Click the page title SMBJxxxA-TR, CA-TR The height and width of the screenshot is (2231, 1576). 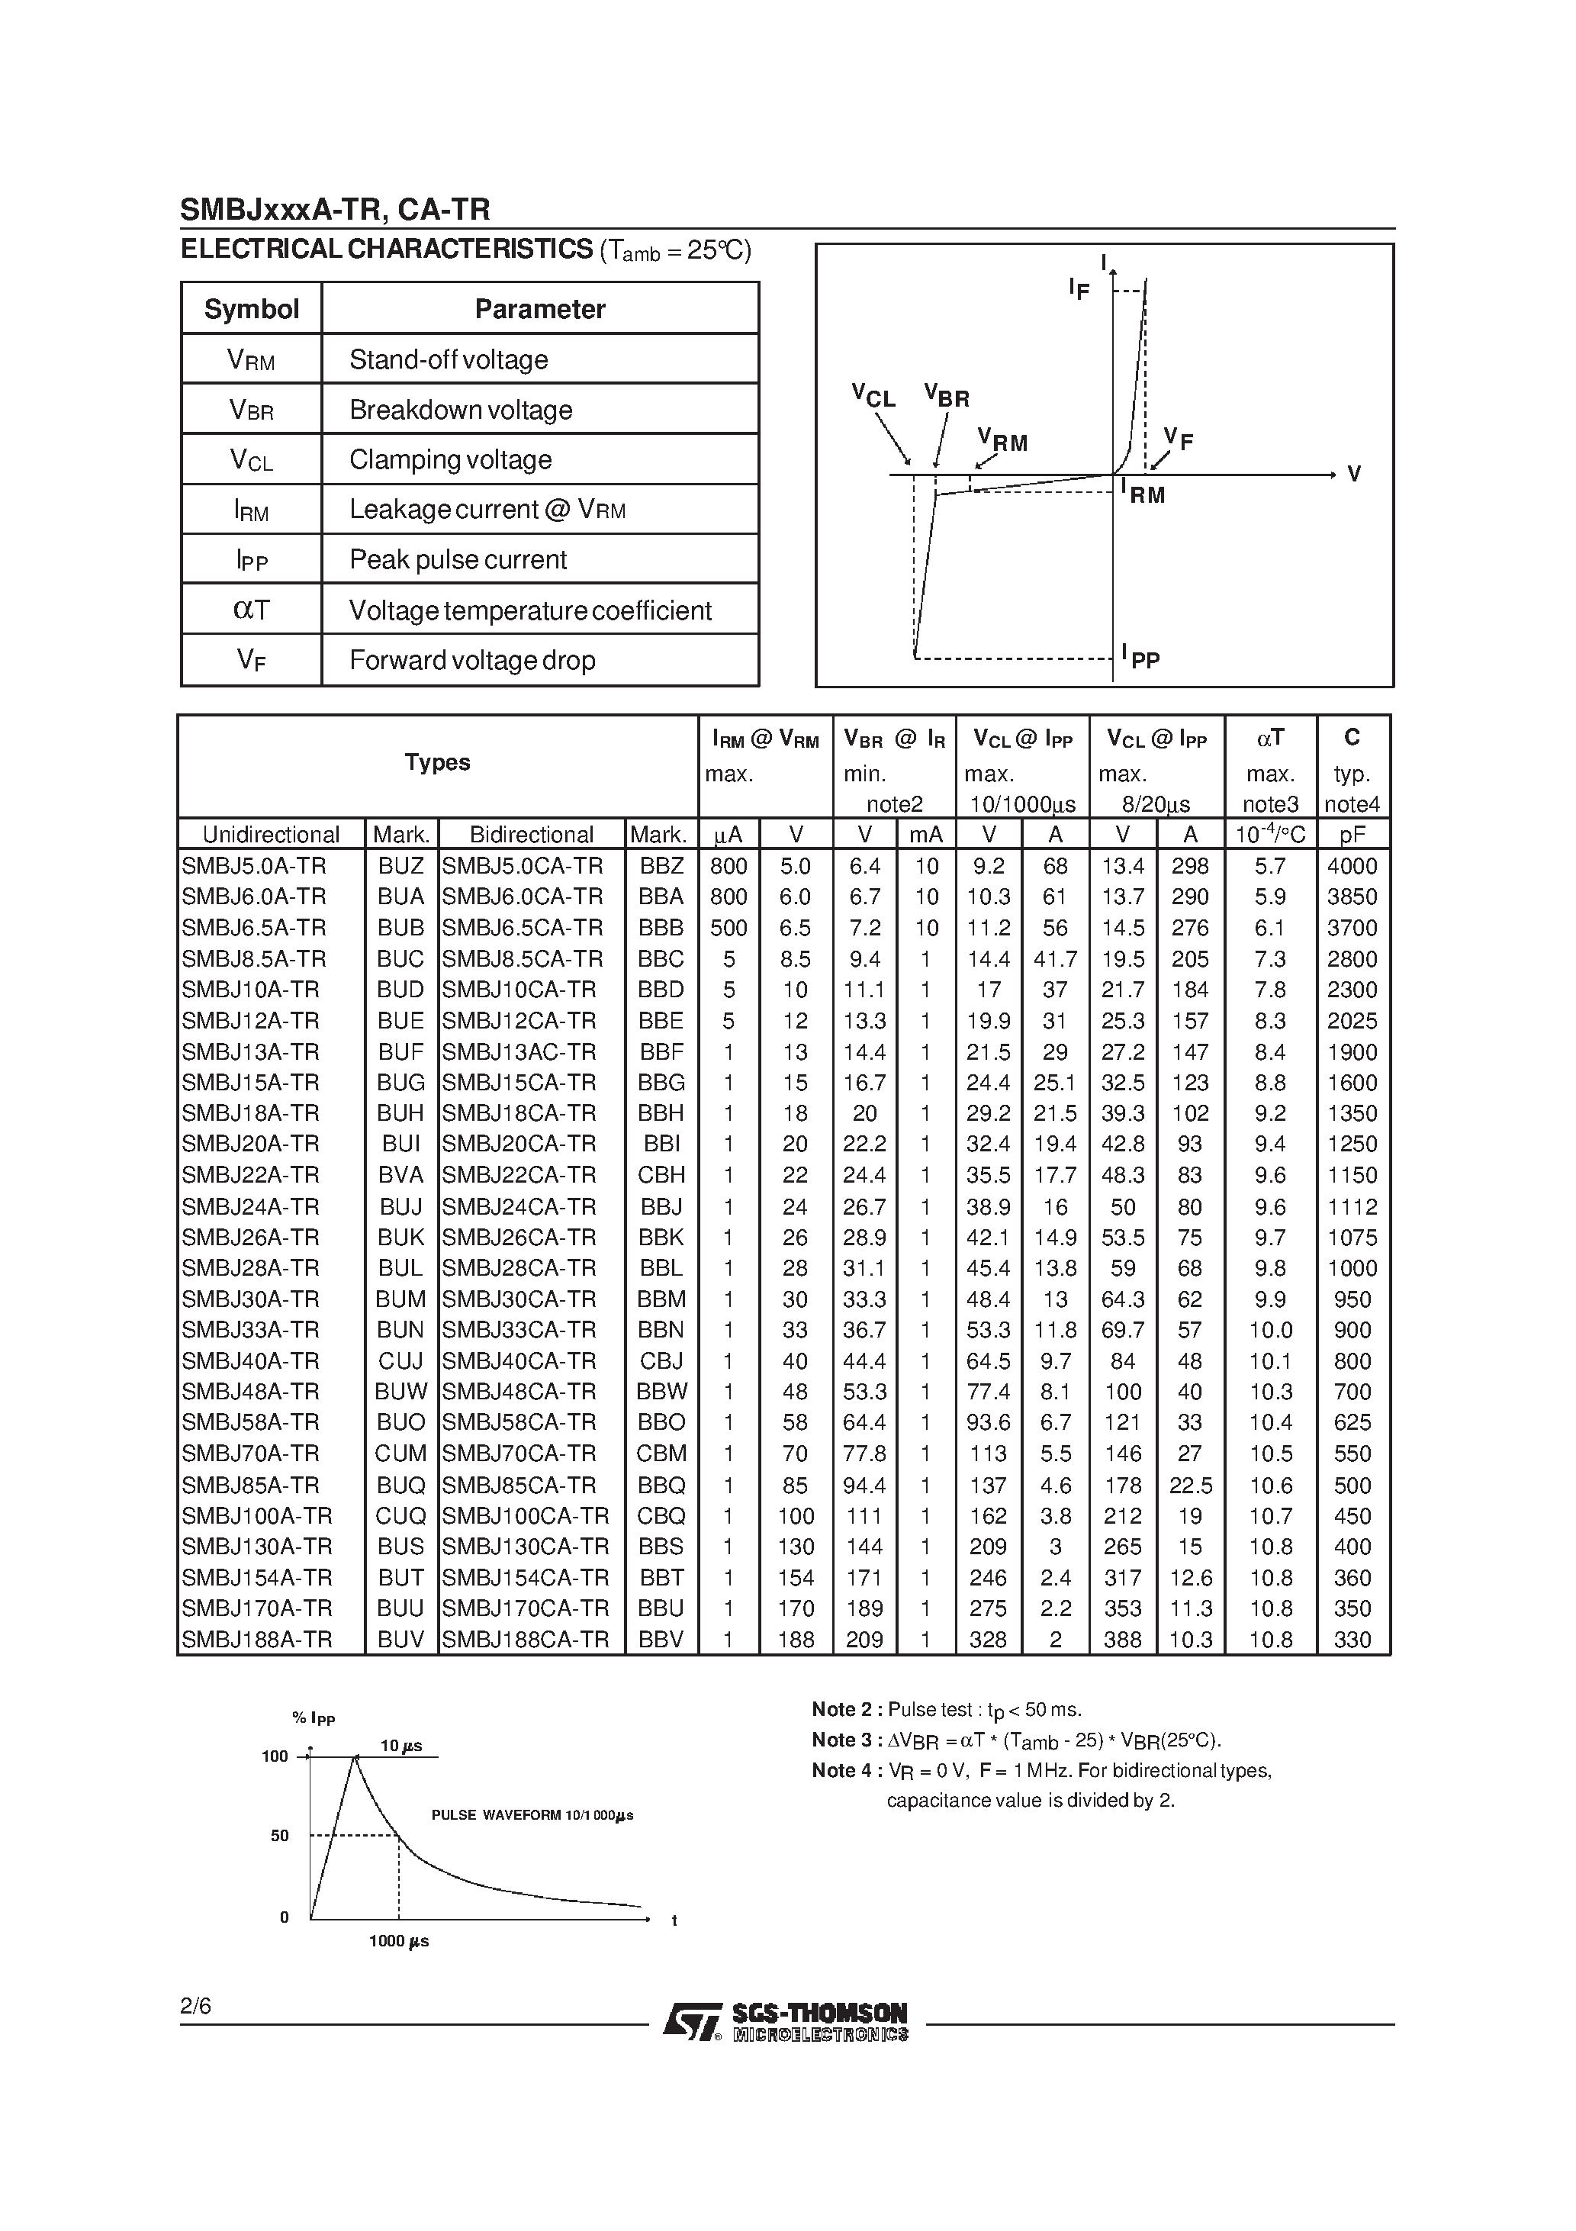pos(335,210)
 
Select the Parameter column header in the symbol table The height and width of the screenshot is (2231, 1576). pos(539,309)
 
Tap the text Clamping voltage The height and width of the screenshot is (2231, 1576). pos(450,459)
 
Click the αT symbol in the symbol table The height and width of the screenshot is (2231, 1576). pos(251,610)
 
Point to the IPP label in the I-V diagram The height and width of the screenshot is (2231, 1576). pos(1140,656)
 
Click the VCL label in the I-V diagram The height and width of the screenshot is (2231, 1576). pos(873,395)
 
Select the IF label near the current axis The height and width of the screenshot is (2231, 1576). pos(1079,288)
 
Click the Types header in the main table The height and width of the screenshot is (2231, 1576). pos(437,763)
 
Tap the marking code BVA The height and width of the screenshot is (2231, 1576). pos(400,1175)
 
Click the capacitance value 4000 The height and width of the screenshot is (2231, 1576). pos(1352,866)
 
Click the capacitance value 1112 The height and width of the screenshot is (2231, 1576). pos(1352,1207)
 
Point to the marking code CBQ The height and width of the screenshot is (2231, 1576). pos(661,1516)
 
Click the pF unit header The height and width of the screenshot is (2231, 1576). pos(1352,835)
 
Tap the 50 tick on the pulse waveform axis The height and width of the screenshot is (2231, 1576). pos(280,1836)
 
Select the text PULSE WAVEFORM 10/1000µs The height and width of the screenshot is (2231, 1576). pos(532,1815)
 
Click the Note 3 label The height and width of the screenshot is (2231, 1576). pos(846,1740)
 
